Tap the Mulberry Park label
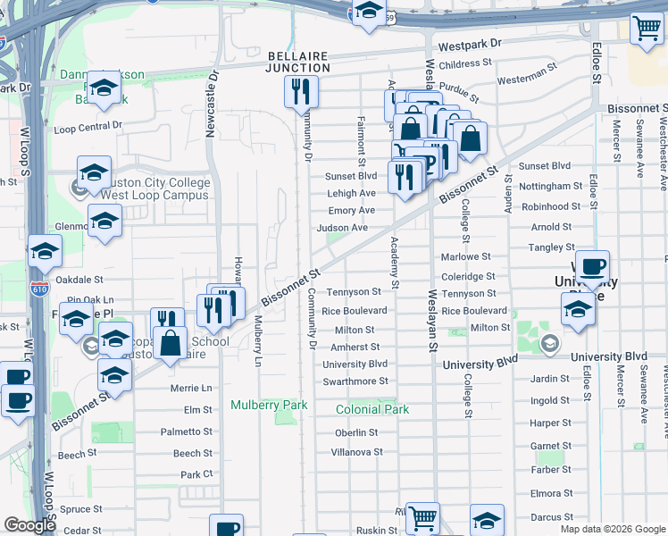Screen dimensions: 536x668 (269, 405)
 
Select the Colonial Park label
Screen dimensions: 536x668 (372, 409)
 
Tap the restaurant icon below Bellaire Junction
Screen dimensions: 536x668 (301, 91)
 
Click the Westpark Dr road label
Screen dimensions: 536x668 (470, 43)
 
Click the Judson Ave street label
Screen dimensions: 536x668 (342, 228)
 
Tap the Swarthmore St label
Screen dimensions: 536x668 (355, 381)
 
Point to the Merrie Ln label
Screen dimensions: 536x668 (191, 389)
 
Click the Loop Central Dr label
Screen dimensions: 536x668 (88, 128)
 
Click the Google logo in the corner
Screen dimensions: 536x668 (29, 525)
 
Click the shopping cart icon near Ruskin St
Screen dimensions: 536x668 (422, 517)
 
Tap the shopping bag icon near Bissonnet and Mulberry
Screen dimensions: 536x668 (169, 342)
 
